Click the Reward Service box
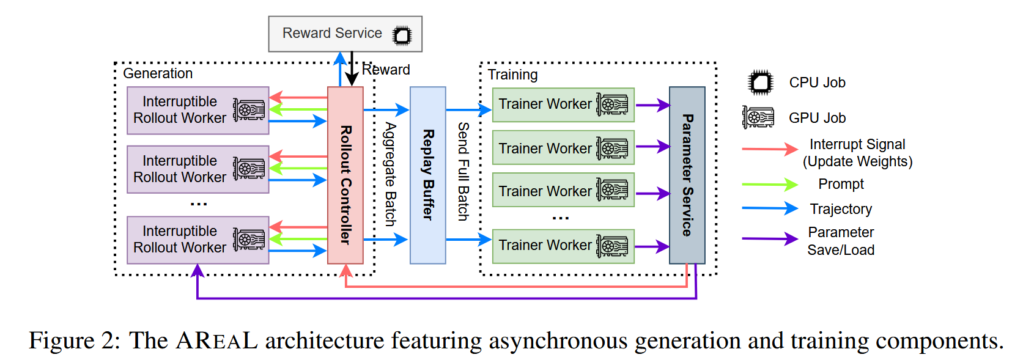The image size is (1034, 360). click(333, 34)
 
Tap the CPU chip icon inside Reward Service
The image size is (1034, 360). click(402, 35)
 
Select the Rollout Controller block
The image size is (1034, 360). click(345, 175)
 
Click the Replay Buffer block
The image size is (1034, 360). click(428, 175)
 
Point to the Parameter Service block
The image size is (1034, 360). click(687, 175)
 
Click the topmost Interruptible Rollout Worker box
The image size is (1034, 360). click(198, 111)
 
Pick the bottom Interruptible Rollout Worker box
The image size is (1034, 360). click(198, 240)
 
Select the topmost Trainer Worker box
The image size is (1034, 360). click(563, 105)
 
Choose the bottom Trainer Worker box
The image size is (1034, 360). click(563, 246)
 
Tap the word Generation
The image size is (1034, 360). click(158, 74)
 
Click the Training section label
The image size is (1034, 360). click(512, 75)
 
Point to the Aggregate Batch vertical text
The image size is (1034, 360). click(390, 175)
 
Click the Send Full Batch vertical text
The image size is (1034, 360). click(463, 172)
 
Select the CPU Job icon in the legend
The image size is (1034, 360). click(761, 83)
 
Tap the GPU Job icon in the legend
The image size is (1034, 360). click(758, 117)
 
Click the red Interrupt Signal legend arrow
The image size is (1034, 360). click(769, 149)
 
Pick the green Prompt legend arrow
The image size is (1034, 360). click(769, 184)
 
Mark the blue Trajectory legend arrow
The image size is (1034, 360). click(769, 208)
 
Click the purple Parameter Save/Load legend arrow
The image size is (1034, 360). click(769, 238)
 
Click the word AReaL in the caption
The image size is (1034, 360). click(217, 341)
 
